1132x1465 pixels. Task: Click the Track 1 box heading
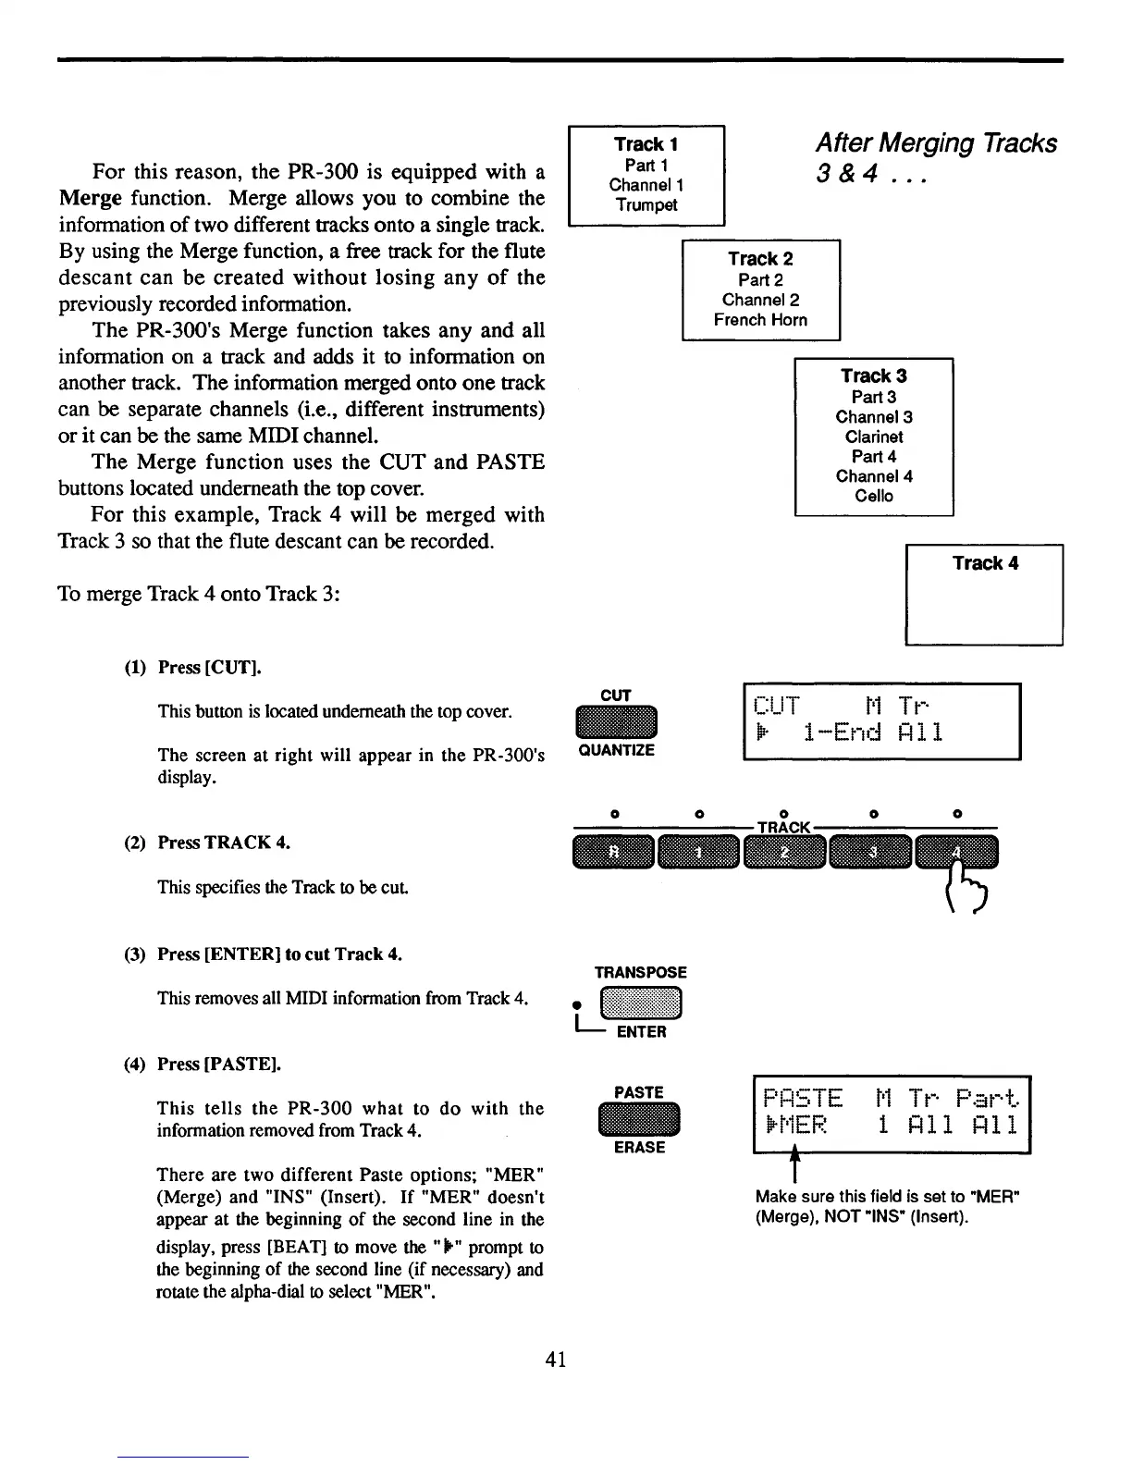point(646,144)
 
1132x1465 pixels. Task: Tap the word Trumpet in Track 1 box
point(646,205)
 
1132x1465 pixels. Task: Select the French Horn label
point(760,320)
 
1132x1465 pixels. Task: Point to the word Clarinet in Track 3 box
point(874,437)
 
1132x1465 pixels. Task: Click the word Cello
point(874,496)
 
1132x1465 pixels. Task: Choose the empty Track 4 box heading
point(985,563)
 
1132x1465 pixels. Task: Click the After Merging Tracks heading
point(935,143)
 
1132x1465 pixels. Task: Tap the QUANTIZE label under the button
point(616,750)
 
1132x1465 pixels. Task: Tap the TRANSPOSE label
point(640,972)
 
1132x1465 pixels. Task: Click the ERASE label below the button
point(639,1148)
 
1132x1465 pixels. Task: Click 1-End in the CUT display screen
point(843,733)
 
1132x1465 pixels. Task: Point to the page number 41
point(556,1358)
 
